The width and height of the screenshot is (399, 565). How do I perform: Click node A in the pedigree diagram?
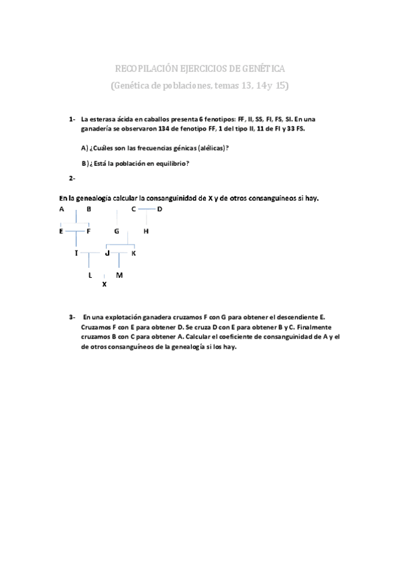click(x=61, y=209)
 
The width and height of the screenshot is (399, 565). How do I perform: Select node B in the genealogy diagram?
click(x=89, y=209)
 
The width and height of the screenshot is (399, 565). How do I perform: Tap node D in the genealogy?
click(x=160, y=209)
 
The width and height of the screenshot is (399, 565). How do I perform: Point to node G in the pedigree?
click(x=117, y=231)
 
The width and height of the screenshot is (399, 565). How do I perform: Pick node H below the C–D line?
click(x=146, y=231)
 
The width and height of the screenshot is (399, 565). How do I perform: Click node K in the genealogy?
click(x=133, y=253)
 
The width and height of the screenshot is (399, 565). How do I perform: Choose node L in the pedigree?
click(x=90, y=275)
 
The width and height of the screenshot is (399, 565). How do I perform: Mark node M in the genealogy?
click(x=119, y=275)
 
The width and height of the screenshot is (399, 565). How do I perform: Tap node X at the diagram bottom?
click(x=104, y=284)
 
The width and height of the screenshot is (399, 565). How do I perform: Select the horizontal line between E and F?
click(x=75, y=231)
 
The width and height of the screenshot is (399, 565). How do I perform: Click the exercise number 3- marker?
click(x=72, y=318)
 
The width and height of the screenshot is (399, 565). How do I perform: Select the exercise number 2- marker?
click(x=72, y=178)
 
